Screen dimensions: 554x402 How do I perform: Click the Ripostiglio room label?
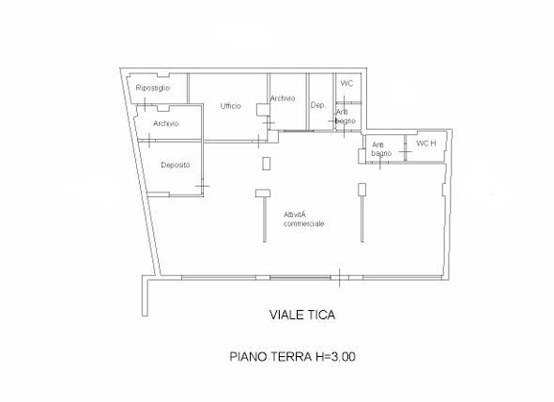click(x=153, y=88)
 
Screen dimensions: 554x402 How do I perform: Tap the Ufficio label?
click(x=231, y=106)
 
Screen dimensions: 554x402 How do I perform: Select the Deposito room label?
click(x=176, y=165)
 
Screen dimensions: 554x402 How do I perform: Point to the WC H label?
click(x=426, y=143)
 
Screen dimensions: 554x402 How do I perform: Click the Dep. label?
click(x=317, y=105)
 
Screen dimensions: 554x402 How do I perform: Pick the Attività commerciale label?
click(x=304, y=219)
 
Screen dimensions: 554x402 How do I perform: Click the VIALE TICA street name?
click(x=302, y=315)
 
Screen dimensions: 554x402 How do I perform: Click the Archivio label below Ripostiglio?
click(x=165, y=123)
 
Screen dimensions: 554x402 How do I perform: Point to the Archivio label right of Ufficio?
click(x=283, y=99)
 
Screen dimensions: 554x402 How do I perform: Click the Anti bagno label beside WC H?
click(x=381, y=149)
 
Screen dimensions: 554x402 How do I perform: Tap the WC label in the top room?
click(x=346, y=84)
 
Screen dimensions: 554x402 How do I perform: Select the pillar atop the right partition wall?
click(x=362, y=189)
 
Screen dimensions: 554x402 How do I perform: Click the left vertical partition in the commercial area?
click(x=265, y=219)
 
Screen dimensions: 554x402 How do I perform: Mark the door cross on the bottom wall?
click(x=340, y=277)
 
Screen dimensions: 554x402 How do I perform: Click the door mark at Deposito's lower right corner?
click(x=203, y=186)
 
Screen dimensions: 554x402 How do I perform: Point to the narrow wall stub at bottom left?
click(x=145, y=296)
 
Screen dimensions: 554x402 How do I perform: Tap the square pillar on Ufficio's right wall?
click(x=262, y=110)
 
